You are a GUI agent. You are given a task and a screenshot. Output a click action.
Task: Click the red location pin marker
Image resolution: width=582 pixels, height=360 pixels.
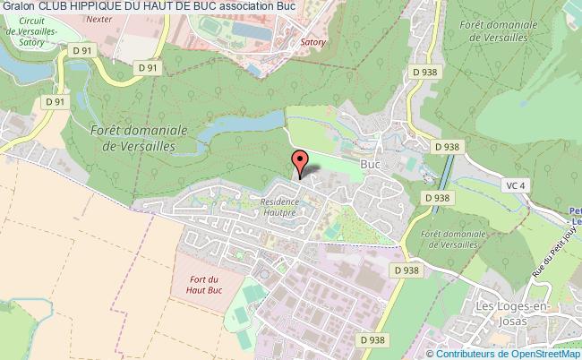click(x=301, y=162)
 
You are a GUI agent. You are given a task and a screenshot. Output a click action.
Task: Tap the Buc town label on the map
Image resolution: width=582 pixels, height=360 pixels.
click(x=371, y=165)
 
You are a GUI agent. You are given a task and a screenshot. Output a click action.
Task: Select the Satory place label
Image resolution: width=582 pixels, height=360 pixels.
click(x=312, y=41)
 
